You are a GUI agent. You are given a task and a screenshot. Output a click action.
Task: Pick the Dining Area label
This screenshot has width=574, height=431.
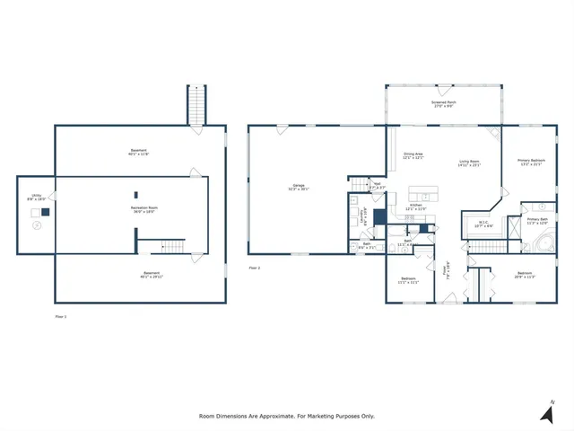click(413, 156)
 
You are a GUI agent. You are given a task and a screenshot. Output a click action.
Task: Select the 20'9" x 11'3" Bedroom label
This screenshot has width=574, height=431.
click(525, 274)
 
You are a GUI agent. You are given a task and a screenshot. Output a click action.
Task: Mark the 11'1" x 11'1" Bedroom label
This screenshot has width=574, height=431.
click(412, 281)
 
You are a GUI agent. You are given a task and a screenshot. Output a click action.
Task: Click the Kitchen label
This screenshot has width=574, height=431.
click(416, 207)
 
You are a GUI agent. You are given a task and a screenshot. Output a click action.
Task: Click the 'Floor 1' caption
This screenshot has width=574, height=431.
click(61, 316)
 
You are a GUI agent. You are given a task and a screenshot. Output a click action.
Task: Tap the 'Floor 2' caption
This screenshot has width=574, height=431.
click(254, 268)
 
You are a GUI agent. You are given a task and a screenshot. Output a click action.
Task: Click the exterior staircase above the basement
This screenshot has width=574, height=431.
click(196, 104)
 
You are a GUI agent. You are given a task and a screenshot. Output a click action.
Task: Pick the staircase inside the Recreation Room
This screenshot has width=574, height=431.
click(171, 246)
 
